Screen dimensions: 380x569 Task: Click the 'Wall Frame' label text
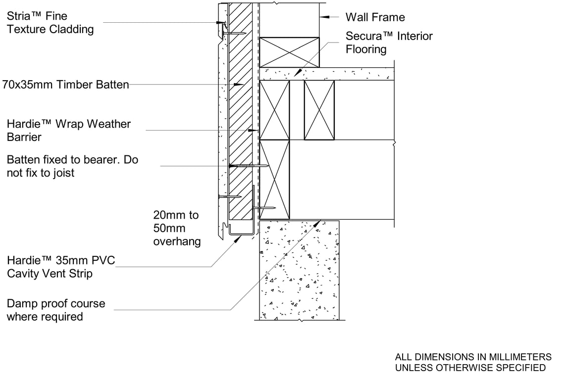[375, 17]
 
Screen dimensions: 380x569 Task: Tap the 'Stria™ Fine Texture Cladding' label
[50, 23]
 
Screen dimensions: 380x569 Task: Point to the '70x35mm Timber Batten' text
[65, 85]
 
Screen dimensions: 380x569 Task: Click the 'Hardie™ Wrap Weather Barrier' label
[69, 130]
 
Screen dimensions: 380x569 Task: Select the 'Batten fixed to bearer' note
[72, 166]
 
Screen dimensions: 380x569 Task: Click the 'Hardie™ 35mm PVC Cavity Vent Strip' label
[61, 267]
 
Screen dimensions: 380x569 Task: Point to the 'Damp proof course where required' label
[56, 310]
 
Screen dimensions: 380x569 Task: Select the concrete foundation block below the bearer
[299, 270]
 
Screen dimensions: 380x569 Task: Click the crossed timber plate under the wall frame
[290, 51]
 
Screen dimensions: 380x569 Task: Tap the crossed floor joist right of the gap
[319, 110]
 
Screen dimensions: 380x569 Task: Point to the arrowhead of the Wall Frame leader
[323, 17]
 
